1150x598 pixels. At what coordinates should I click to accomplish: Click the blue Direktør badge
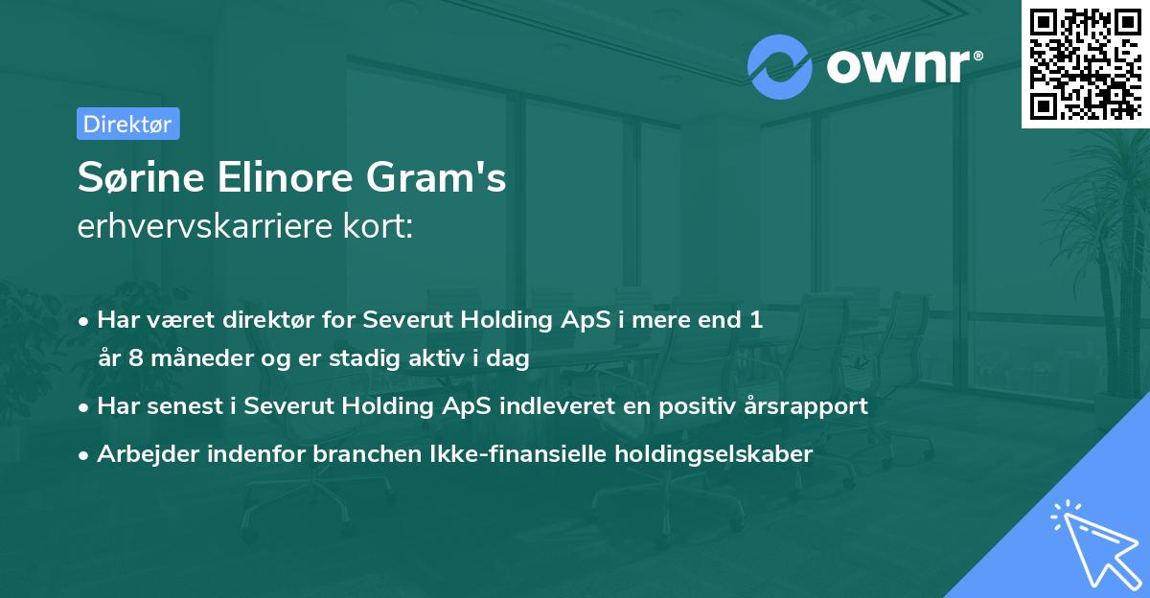pos(127,124)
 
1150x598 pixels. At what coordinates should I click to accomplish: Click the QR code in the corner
pos(1085,64)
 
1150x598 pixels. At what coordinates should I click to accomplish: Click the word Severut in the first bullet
pos(410,320)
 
